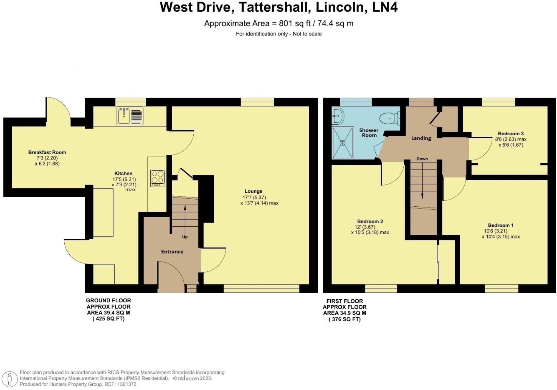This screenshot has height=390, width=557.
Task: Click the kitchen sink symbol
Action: pyautogui.click(x=130, y=116)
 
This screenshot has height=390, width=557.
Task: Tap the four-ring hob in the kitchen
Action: pyautogui.click(x=158, y=178)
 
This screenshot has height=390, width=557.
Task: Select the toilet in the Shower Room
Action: pyautogui.click(x=390, y=119)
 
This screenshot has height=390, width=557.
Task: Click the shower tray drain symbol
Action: pyautogui.click(x=343, y=143)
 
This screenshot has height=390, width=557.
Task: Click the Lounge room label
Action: pyautogui.click(x=253, y=191)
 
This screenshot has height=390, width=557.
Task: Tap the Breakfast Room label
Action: pyautogui.click(x=47, y=152)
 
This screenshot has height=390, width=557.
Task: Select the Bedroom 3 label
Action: pyautogui.click(x=510, y=133)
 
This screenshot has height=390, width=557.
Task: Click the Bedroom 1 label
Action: pyautogui.click(x=501, y=225)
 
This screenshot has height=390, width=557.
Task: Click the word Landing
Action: pyautogui.click(x=421, y=138)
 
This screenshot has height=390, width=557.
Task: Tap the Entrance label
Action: pyautogui.click(x=172, y=252)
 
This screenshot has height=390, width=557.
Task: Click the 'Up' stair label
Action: pyautogui.click(x=185, y=237)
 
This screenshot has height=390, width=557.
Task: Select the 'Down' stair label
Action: pyautogui.click(x=422, y=159)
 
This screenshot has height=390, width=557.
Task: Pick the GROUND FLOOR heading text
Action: pyautogui.click(x=108, y=300)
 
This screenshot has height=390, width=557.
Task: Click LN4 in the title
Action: pyautogui.click(x=385, y=8)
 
